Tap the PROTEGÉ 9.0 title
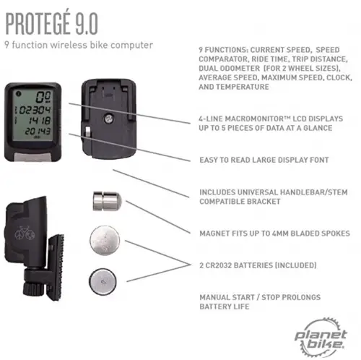click(51, 24)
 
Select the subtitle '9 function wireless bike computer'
click(79, 45)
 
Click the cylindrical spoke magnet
click(108, 201)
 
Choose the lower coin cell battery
click(103, 281)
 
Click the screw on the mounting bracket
click(108, 119)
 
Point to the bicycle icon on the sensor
click(25, 233)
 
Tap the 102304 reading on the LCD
click(33, 110)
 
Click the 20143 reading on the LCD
click(38, 132)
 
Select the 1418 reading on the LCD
click(40, 121)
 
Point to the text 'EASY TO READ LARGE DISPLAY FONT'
click(264, 160)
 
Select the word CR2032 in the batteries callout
click(217, 265)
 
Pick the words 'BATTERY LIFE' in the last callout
click(225, 307)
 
